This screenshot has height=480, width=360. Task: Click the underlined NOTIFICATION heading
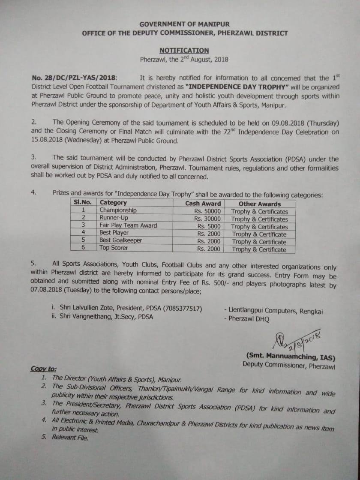184,50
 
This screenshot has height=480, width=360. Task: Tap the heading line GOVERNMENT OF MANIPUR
184,24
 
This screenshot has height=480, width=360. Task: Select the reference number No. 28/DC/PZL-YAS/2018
73,78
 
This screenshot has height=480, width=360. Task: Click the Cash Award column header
203,204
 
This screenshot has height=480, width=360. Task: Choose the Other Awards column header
260,204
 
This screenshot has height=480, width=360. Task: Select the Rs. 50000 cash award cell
207,211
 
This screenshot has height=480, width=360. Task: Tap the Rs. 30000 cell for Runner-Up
207,219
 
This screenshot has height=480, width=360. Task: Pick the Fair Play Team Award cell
128,225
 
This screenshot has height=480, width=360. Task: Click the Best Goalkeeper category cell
120,240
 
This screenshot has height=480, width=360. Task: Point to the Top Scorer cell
114,248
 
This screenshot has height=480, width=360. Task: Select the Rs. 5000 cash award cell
209,226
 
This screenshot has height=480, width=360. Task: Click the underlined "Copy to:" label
43,369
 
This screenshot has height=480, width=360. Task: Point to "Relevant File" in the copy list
70,437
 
